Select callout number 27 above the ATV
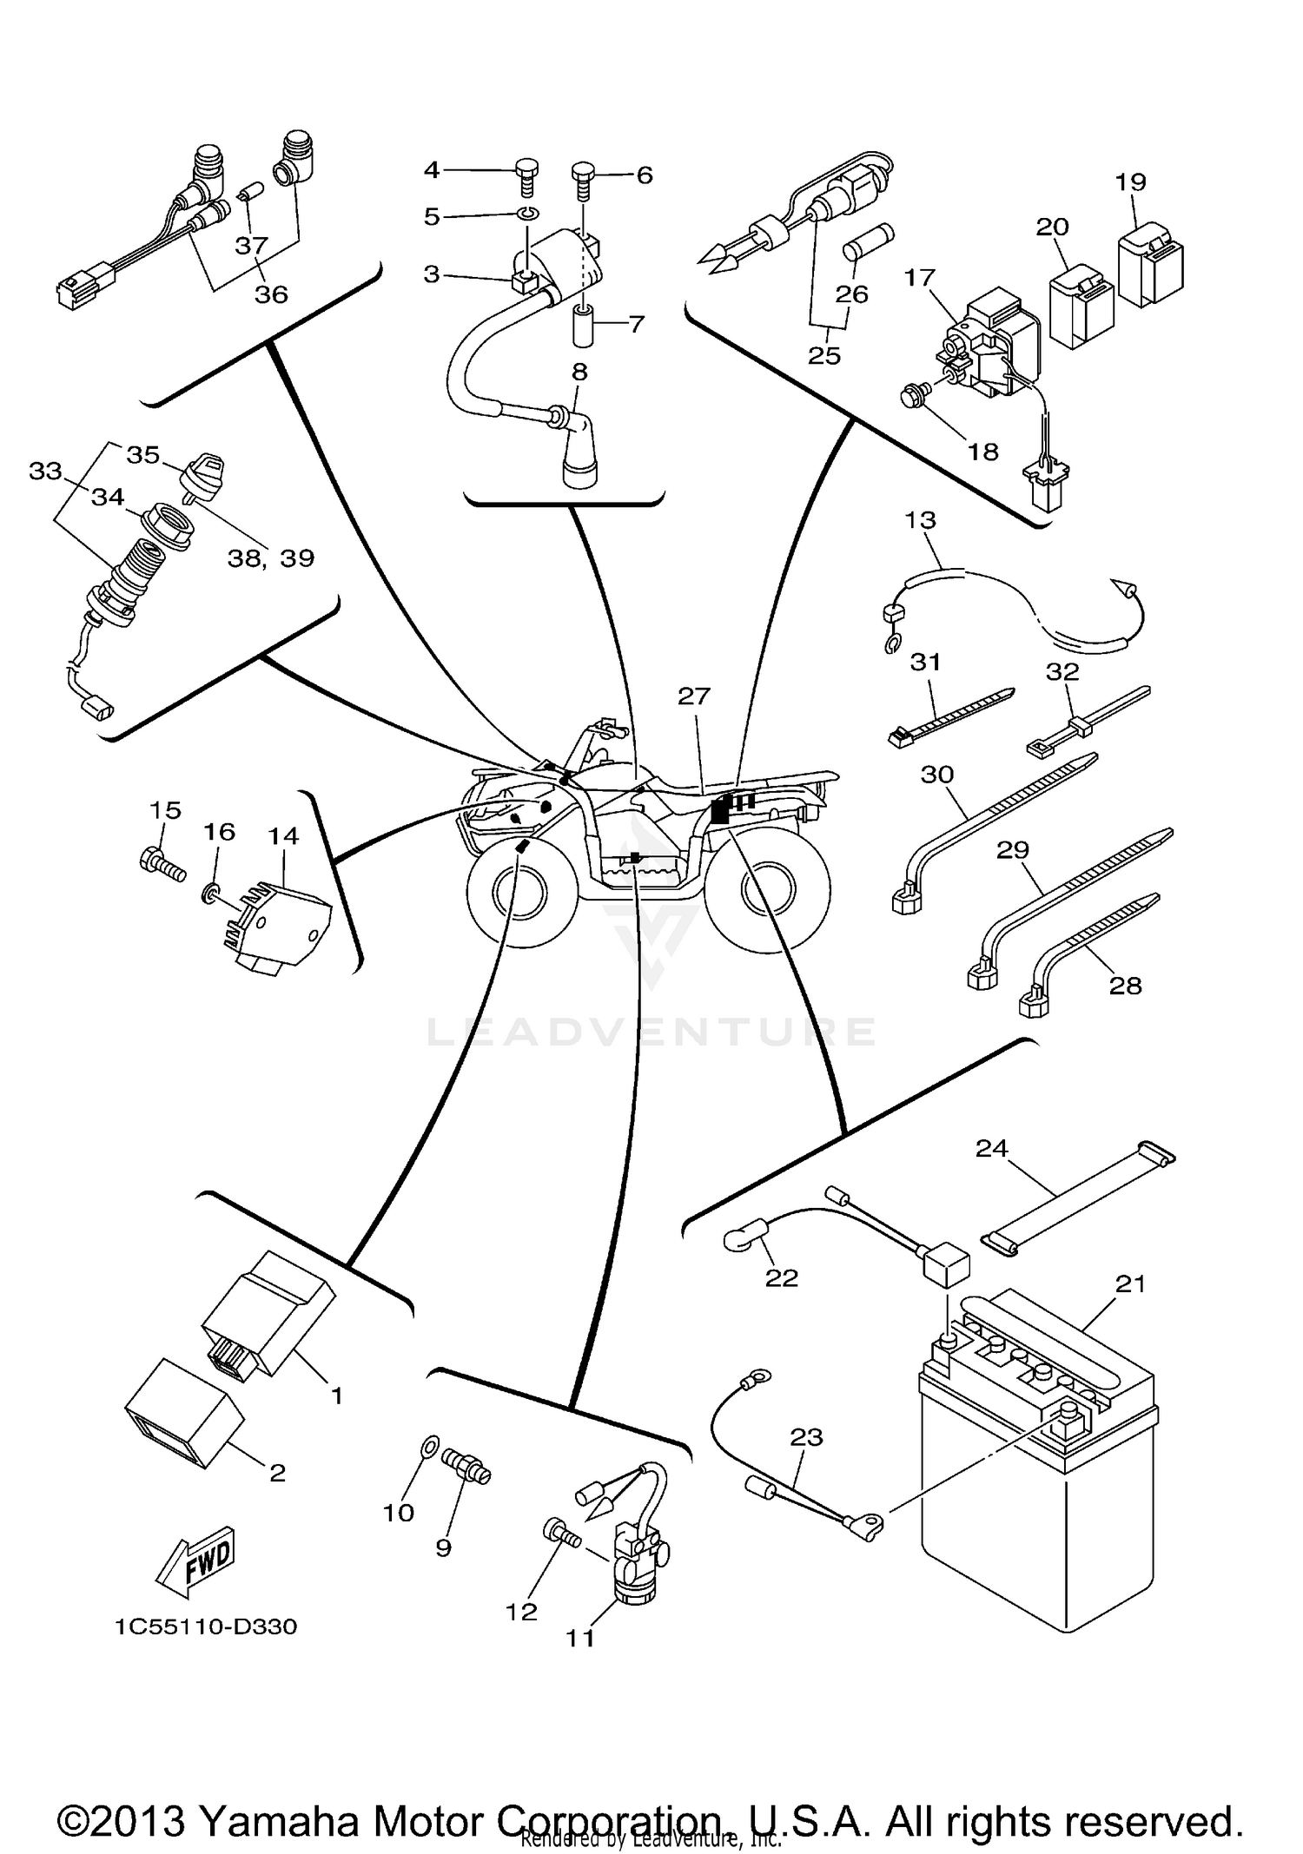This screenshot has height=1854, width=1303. pos(694,696)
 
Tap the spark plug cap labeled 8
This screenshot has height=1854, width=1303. pos(577,447)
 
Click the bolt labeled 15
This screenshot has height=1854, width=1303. pos(162,864)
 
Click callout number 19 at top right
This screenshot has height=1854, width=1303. pos(1131,181)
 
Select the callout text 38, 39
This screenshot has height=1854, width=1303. pos(270,558)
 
